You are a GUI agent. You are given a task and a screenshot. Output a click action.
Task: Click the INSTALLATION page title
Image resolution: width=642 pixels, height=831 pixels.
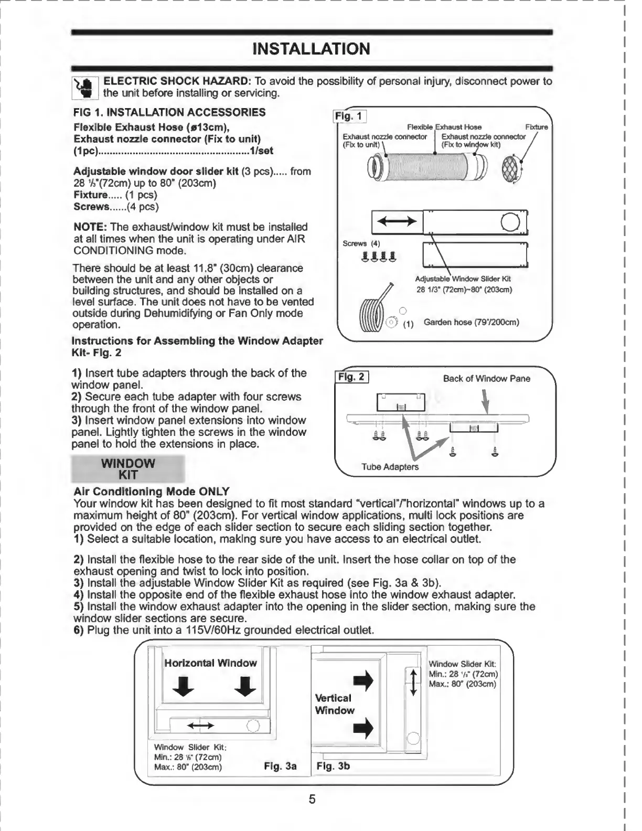click(311, 49)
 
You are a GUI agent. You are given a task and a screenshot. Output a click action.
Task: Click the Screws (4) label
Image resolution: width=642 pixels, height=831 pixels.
click(361, 243)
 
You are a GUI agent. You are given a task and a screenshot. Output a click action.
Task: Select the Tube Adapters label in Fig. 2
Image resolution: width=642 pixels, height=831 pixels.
click(390, 466)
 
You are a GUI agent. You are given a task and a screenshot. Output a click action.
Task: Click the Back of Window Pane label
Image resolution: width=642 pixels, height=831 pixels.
click(486, 378)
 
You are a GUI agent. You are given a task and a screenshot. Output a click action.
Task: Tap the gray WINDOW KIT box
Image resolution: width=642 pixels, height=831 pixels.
click(128, 469)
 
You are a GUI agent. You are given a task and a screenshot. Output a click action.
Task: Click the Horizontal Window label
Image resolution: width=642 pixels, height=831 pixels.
click(210, 663)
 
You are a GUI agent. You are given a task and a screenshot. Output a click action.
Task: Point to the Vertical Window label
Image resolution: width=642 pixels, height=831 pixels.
click(335, 704)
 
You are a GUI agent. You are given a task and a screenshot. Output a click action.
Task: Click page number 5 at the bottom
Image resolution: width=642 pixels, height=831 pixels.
click(312, 800)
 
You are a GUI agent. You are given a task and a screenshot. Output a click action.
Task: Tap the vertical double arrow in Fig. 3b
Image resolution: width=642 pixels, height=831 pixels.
click(413, 683)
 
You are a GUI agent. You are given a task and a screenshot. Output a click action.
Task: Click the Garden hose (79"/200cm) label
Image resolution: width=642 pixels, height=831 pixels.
click(471, 322)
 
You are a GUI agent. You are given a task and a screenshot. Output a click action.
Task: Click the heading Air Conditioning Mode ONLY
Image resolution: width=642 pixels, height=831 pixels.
click(151, 492)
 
